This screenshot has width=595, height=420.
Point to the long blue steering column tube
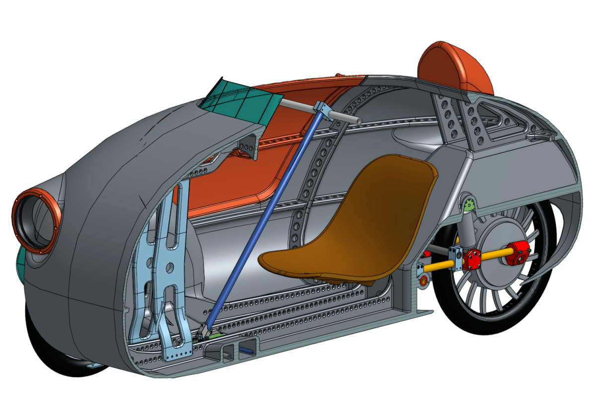(263, 213)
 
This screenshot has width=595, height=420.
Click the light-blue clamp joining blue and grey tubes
(321, 108)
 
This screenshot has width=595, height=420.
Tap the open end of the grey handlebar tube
(356, 120)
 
